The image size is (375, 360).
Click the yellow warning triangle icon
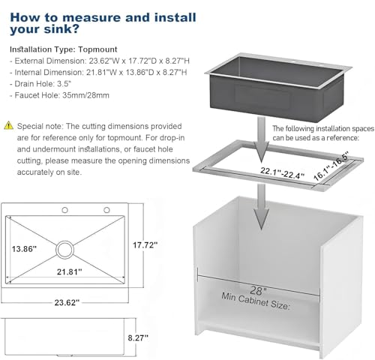pyautogui.click(x=9, y=125)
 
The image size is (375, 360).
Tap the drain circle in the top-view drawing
pyautogui.click(x=64, y=250)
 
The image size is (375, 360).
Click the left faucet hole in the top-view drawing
pyautogui.click(x=65, y=210)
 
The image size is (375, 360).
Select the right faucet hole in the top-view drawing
pyautogui.click(x=106, y=210)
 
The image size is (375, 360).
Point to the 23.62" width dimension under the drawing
pyautogui.click(x=67, y=302)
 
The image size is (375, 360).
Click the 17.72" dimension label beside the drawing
pyautogui.click(x=145, y=245)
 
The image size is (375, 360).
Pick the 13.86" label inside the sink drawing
pyautogui.click(x=24, y=249)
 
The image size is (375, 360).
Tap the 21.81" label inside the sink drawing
pyautogui.click(x=69, y=271)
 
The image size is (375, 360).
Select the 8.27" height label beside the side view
pyautogui.click(x=138, y=338)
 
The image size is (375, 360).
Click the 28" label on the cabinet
pyautogui.click(x=258, y=291)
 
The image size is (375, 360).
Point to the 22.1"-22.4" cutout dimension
pyautogui.click(x=282, y=173)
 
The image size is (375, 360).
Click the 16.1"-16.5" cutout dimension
pyautogui.click(x=331, y=166)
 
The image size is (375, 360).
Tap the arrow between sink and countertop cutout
pyautogui.click(x=261, y=139)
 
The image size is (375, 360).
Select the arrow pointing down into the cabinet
pyautogui.click(x=261, y=207)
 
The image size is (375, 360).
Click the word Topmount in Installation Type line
pyautogui.click(x=97, y=49)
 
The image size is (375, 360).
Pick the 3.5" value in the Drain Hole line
pyautogui.click(x=64, y=84)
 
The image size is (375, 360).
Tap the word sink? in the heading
pyautogui.click(x=61, y=29)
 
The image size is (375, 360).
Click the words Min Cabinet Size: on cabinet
pyautogui.click(x=256, y=301)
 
